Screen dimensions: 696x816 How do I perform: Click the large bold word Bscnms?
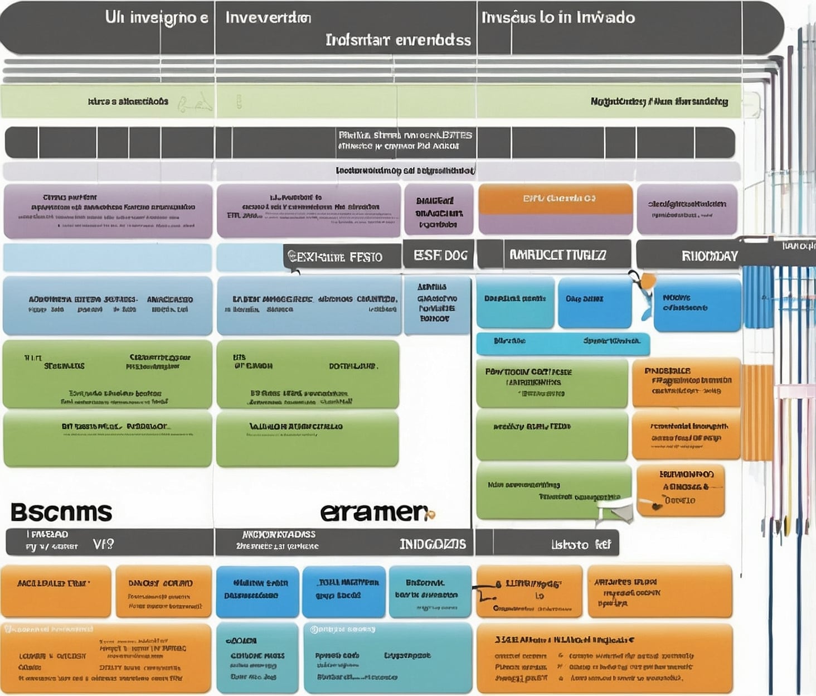[61, 511]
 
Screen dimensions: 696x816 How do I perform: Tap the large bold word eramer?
[375, 511]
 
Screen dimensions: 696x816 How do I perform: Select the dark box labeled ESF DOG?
[440, 255]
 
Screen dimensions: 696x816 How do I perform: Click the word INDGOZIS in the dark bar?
[433, 544]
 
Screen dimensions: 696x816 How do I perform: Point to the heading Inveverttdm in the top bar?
[268, 17]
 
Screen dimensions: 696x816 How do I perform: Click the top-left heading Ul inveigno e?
[157, 17]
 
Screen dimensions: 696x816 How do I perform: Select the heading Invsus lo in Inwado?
[558, 17]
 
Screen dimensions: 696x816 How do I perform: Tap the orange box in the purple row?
[555, 199]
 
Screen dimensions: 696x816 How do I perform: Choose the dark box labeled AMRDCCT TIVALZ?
[557, 255]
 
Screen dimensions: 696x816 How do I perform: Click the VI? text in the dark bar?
[103, 544]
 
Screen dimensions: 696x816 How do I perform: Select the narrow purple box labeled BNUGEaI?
[439, 209]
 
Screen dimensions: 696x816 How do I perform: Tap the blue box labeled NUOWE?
[697, 304]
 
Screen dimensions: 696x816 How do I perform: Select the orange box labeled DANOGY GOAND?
[163, 591]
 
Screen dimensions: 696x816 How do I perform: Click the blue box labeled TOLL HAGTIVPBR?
[343, 591]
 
